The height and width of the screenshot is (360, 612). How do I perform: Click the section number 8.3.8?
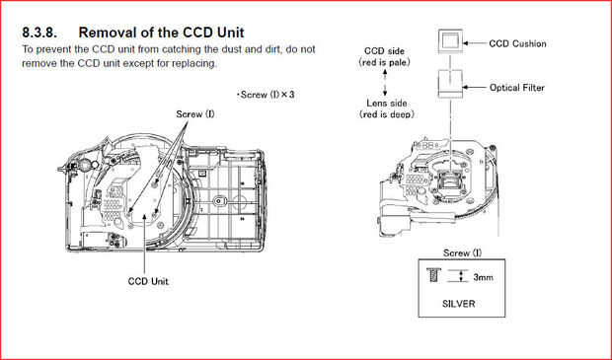pyautogui.click(x=39, y=33)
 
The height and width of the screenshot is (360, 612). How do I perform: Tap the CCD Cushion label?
pyautogui.click(x=517, y=43)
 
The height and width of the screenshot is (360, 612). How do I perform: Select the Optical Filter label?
pyautogui.click(x=517, y=88)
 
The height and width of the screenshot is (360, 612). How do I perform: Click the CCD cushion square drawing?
pyautogui.click(x=450, y=41)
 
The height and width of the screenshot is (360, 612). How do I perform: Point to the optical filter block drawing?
pyautogui.click(x=450, y=84)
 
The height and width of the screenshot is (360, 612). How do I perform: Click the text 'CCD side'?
pyautogui.click(x=384, y=51)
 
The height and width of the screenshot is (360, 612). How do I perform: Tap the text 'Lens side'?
pyautogui.click(x=386, y=104)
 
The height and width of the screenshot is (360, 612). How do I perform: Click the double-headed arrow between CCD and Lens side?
pyautogui.click(x=385, y=82)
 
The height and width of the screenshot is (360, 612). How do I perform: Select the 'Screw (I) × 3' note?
pyautogui.click(x=266, y=95)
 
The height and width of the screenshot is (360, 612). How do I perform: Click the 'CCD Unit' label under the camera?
pyautogui.click(x=148, y=281)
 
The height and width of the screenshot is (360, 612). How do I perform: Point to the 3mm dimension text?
pyautogui.click(x=483, y=277)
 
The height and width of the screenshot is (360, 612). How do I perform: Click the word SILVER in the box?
pyautogui.click(x=459, y=304)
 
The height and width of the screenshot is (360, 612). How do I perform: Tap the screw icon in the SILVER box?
pyautogui.click(x=432, y=275)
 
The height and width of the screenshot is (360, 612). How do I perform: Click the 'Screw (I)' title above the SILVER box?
pyautogui.click(x=462, y=253)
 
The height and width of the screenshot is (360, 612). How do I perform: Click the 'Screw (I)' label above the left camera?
pyautogui.click(x=195, y=114)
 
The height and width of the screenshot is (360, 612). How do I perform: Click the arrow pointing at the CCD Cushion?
pyautogui.click(x=475, y=43)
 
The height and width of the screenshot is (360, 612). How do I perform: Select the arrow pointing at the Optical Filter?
pyautogui.click(x=475, y=88)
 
